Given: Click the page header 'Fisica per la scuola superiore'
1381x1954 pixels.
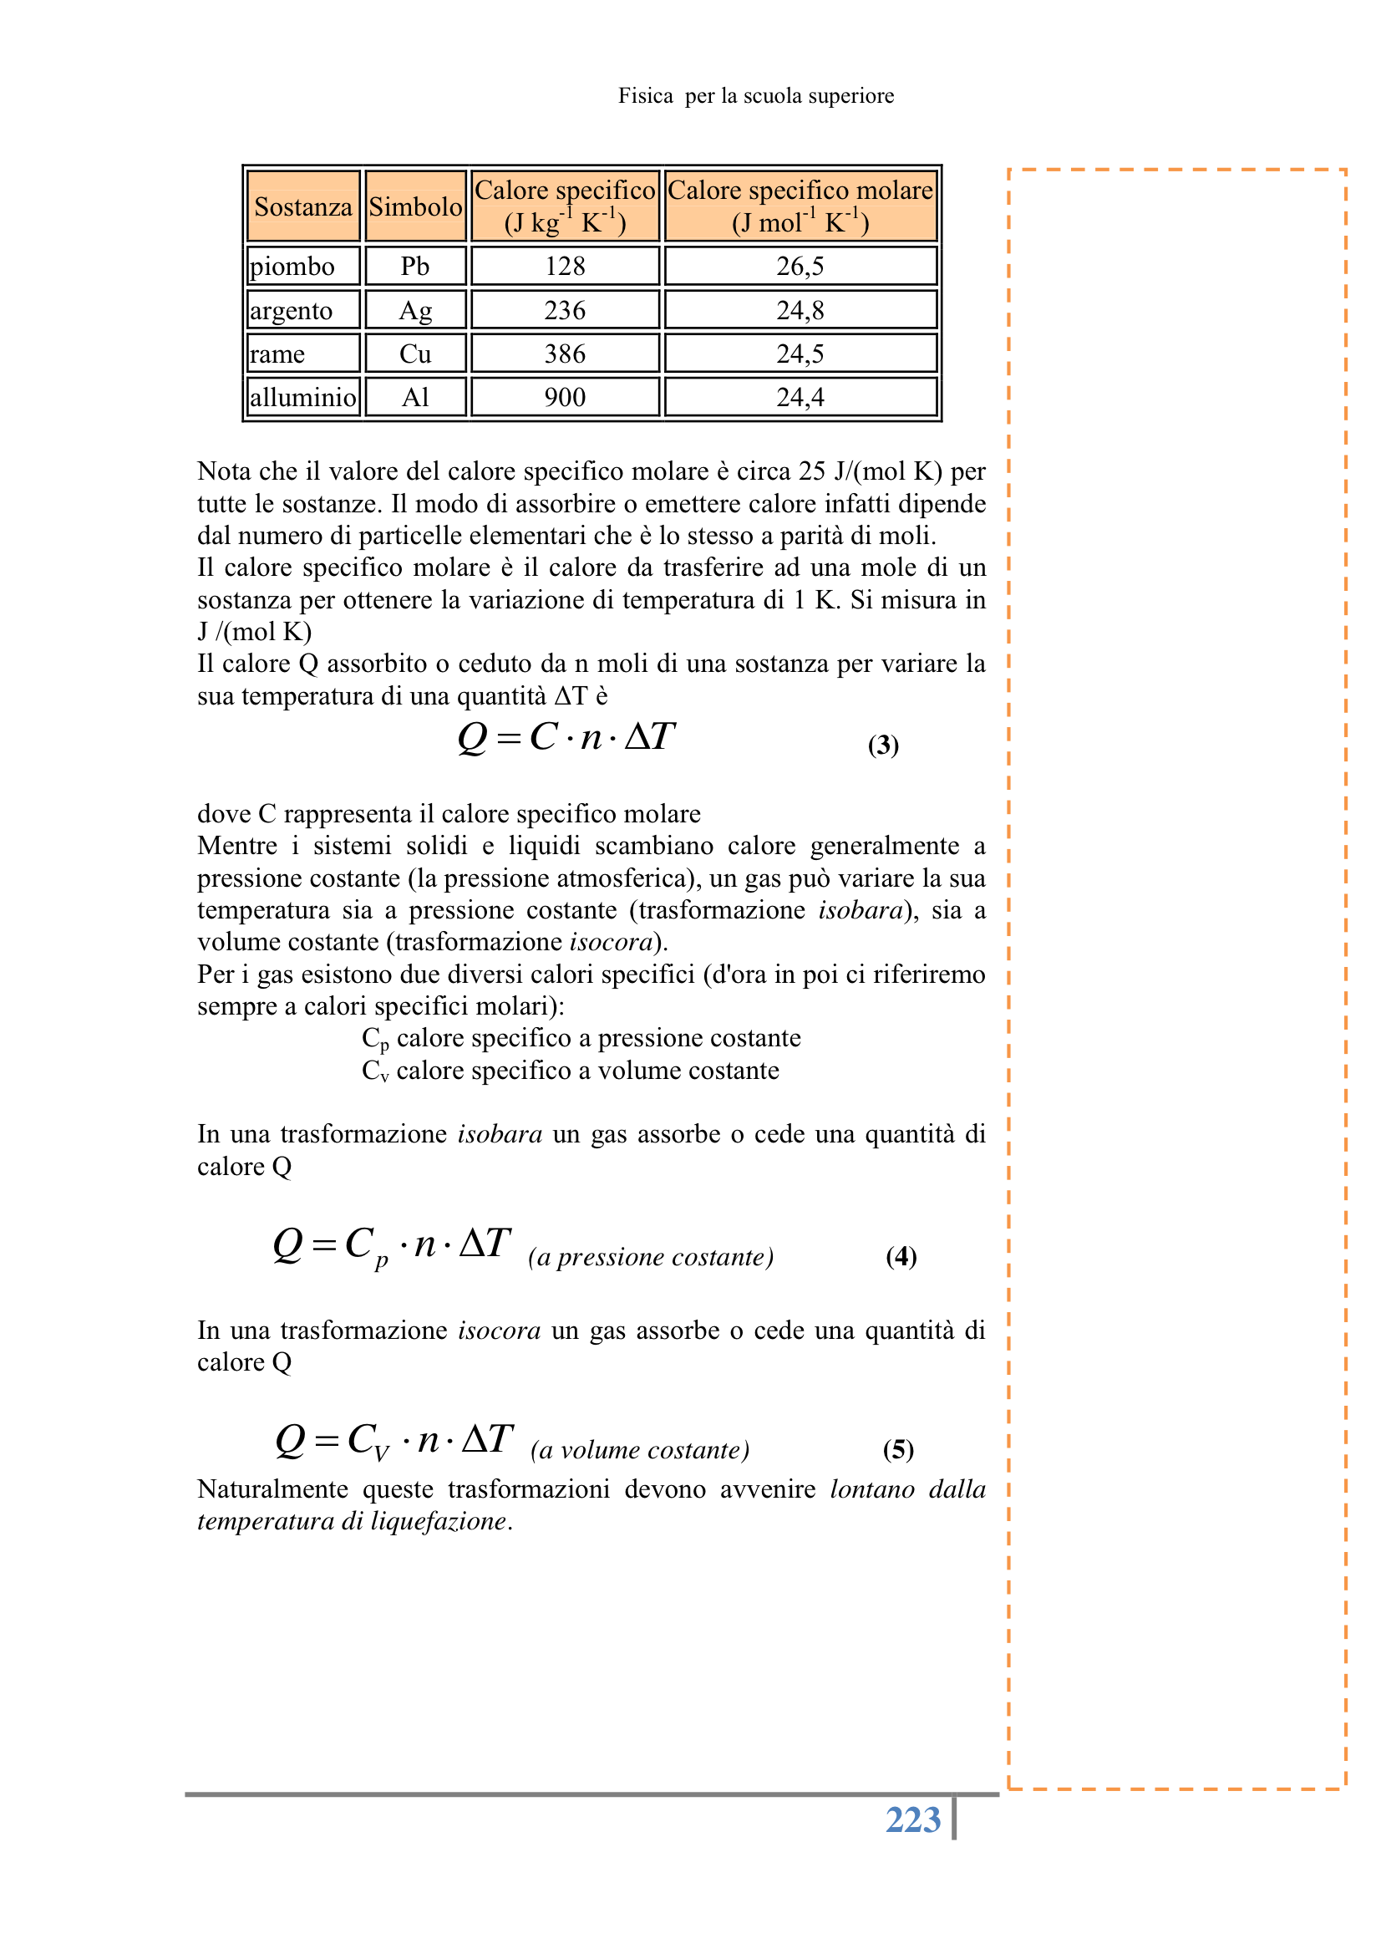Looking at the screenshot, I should (x=755, y=96).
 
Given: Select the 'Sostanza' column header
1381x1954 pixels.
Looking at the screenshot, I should (x=303, y=206).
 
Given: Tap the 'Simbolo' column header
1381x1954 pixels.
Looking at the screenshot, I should (x=415, y=206).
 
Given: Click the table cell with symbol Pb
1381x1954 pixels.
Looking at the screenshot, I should (x=415, y=267).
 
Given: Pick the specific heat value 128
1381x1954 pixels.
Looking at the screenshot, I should (x=565, y=267).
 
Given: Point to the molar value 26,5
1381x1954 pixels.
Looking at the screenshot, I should (x=800, y=267).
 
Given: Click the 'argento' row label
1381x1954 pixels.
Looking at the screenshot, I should (x=291, y=311).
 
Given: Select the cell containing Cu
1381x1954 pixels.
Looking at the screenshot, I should (x=415, y=354).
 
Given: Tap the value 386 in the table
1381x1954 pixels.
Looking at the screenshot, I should (x=565, y=354).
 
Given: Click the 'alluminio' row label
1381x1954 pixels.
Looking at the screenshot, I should (x=303, y=398).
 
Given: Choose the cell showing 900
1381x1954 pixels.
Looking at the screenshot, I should (x=565, y=398).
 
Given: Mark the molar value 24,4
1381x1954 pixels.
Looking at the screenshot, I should (x=800, y=398).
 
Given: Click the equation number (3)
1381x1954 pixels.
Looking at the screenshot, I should (x=883, y=745).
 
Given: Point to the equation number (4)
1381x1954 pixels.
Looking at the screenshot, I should (x=901, y=1257).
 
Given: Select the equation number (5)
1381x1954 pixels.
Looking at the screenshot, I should (x=899, y=1449).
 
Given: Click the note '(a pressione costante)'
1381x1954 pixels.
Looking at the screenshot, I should (x=651, y=1257).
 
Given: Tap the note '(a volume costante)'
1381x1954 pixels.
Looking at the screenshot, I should (x=640, y=1450).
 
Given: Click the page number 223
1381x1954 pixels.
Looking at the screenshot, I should (x=913, y=1819).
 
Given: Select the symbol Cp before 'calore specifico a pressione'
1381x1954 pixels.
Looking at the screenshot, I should (x=374, y=1039).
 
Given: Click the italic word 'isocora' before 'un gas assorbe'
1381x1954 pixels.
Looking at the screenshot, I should (x=499, y=1331).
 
